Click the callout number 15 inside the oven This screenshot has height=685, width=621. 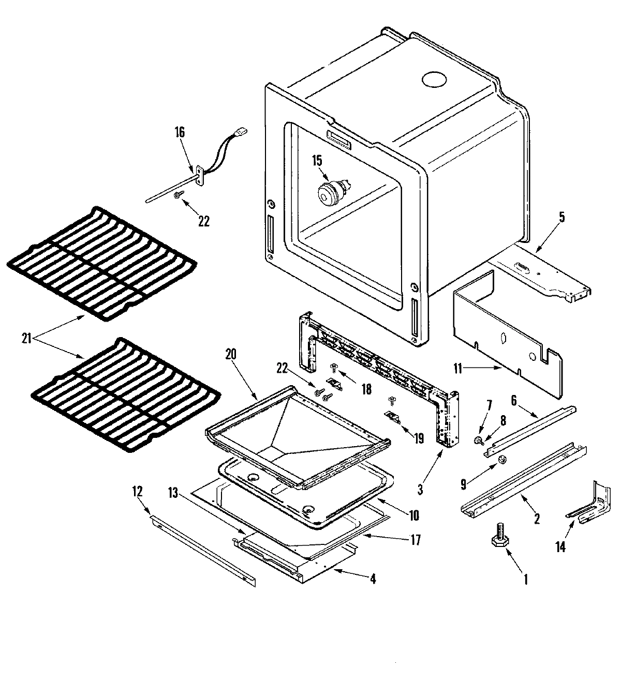coord(317,161)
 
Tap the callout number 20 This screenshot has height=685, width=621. coord(230,354)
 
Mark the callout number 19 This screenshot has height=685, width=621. coord(418,438)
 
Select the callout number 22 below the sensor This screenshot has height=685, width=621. coord(204,221)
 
